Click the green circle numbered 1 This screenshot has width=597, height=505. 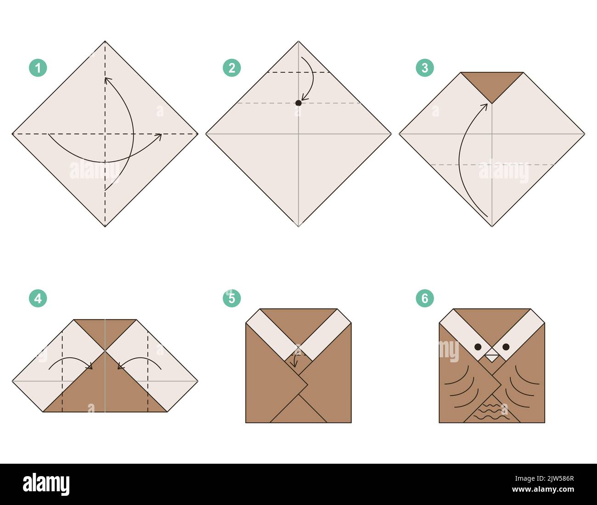click(38, 68)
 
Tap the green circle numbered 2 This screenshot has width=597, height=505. click(231, 68)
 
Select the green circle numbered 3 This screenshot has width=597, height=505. click(425, 68)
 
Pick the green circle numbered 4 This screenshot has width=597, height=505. click(38, 299)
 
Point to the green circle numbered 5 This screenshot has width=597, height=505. click(231, 299)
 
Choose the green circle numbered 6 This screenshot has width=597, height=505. click(425, 299)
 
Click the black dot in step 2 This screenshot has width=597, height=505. click(298, 103)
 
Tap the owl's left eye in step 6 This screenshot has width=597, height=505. click(478, 347)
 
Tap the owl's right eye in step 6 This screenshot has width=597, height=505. click(506, 347)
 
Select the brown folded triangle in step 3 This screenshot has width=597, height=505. click(492, 83)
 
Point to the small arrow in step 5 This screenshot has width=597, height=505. click(295, 361)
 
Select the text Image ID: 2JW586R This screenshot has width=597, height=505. click(545, 478)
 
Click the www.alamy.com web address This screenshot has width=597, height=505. click(543, 489)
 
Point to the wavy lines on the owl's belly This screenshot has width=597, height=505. click(491, 412)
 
